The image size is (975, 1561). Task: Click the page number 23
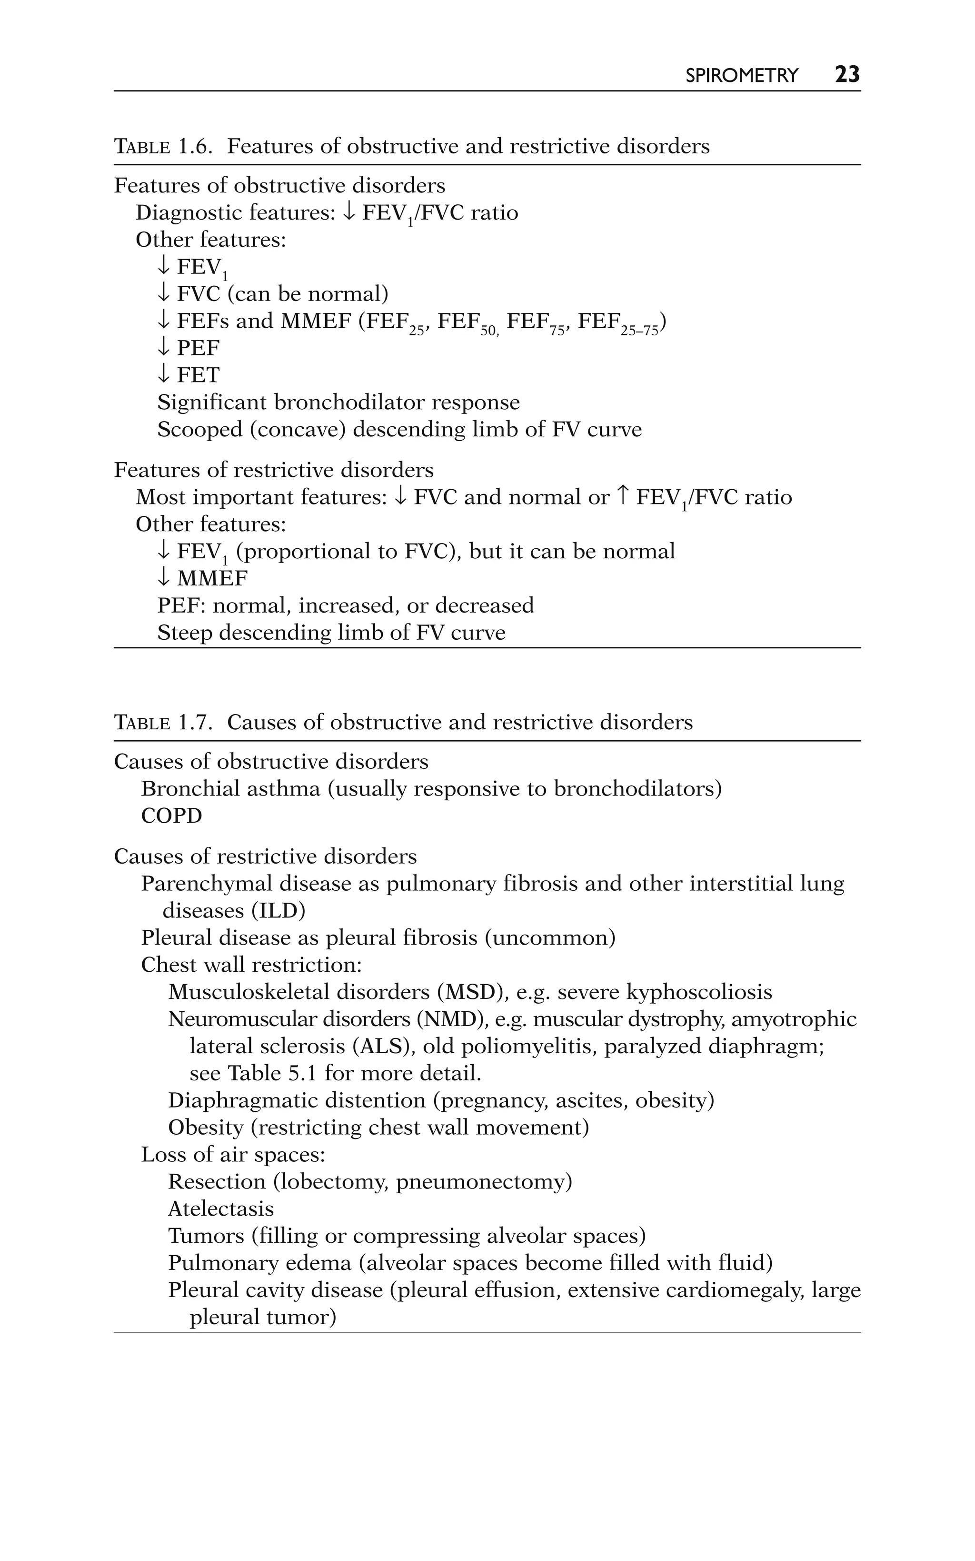[846, 75]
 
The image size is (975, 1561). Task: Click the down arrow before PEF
[164, 348]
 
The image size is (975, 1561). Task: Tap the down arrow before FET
[164, 375]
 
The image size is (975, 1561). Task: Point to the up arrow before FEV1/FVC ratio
[622, 497]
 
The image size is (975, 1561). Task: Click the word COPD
[171, 816]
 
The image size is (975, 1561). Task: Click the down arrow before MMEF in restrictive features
[164, 578]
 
